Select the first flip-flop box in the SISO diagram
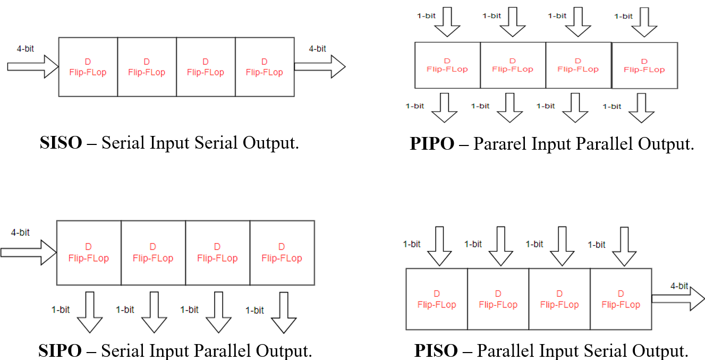point(88,67)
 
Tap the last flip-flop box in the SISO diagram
point(264,67)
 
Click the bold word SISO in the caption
point(61,143)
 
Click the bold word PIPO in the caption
point(432,144)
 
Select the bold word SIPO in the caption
point(60,351)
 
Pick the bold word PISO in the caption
point(436,351)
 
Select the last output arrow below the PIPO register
point(641,107)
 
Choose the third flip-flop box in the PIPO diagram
point(579,65)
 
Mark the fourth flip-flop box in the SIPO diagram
point(282,253)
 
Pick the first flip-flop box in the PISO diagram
point(437,299)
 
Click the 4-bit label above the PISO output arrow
point(679,286)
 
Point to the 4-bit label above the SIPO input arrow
point(20,233)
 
